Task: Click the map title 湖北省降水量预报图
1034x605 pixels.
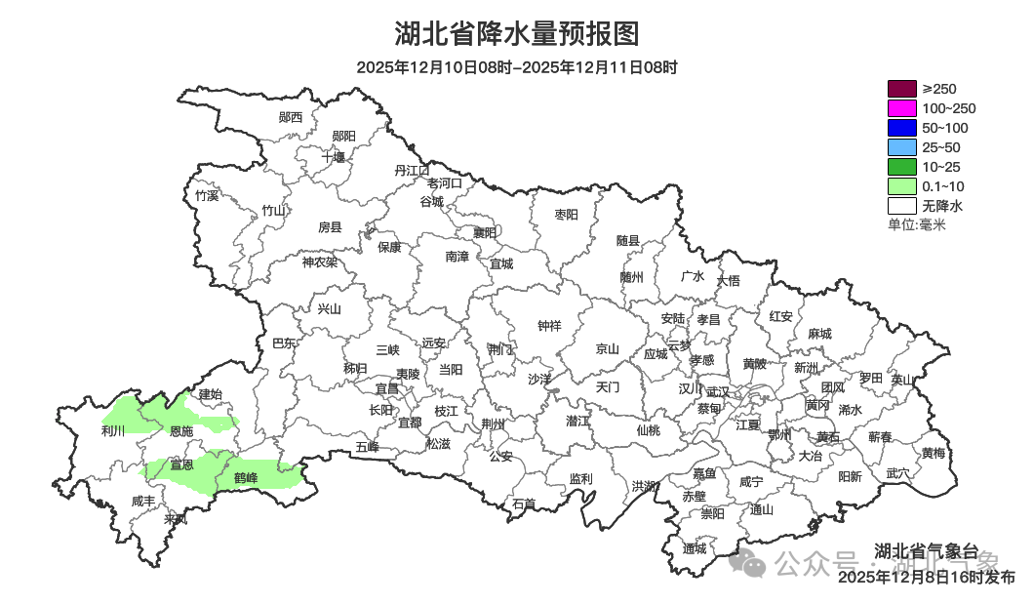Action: coord(516,34)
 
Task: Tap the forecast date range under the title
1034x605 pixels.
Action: coord(516,67)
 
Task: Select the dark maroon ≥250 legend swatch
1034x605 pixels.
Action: coord(901,89)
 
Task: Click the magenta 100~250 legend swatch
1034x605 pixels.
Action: coord(901,108)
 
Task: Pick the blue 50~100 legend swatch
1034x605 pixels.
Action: coord(901,128)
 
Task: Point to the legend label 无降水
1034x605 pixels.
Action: coord(942,206)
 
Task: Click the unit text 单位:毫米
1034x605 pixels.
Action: coord(916,224)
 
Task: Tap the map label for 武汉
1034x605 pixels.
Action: coord(717,390)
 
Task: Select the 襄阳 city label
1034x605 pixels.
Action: coord(485,232)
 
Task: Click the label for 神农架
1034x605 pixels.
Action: coord(319,262)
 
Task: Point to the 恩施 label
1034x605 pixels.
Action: coord(181,430)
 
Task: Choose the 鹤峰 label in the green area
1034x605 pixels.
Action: coord(246,477)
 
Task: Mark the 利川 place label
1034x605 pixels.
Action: coord(113,430)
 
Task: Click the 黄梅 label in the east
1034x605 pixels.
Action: coord(933,453)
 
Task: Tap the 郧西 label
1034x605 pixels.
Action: coord(291,117)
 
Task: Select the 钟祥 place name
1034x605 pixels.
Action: coord(550,326)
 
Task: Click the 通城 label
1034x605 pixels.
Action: coord(695,548)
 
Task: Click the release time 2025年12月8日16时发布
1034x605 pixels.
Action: coord(926,578)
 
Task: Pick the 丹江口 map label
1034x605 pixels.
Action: coord(412,170)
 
